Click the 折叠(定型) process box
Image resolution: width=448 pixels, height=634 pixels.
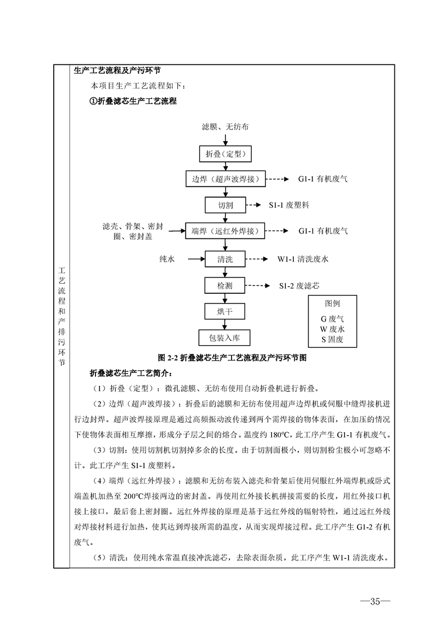click(225, 154)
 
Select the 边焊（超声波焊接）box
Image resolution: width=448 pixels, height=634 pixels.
click(225, 179)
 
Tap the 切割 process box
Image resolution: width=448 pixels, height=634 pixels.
click(225, 205)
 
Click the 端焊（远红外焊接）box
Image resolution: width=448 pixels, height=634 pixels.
click(225, 231)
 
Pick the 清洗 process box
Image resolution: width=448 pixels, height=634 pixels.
click(225, 259)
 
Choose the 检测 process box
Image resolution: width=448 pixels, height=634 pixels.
click(225, 286)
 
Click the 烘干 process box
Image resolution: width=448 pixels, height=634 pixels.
click(225, 311)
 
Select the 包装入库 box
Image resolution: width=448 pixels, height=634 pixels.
click(225, 338)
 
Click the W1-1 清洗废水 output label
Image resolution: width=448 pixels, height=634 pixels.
click(303, 259)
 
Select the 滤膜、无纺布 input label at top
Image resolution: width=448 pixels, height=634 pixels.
click(225, 127)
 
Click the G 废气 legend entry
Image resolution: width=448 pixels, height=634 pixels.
click(332, 319)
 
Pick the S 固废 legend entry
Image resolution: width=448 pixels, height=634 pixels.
click(332, 340)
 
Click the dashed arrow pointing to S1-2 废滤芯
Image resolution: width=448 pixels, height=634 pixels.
click(258, 286)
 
